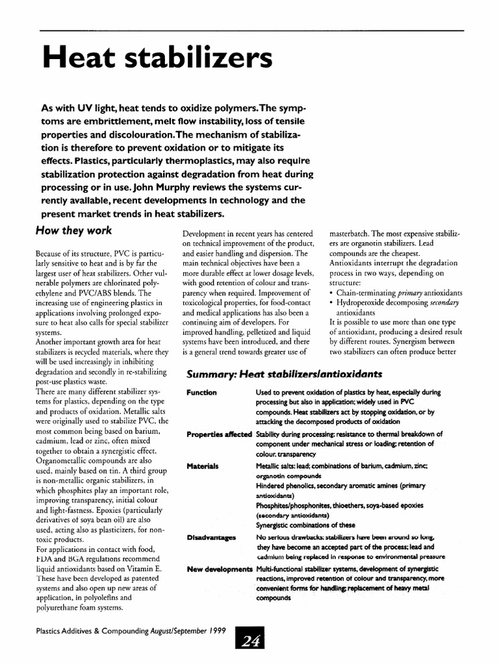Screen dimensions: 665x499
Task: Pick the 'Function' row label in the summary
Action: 201,393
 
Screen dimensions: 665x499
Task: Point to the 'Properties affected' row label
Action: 218,434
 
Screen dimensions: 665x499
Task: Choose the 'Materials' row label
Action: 202,466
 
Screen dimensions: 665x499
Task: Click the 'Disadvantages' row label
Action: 211,538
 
